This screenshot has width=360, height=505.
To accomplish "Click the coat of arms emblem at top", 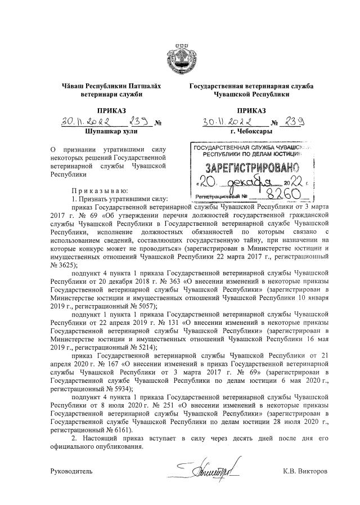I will (180, 56).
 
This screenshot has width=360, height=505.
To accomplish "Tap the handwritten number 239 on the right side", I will (295, 122).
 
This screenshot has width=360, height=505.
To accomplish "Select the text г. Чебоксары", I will (251, 131).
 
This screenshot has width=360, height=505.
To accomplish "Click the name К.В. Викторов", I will (304, 470).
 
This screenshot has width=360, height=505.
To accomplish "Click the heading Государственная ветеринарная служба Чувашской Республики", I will (251, 90).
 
